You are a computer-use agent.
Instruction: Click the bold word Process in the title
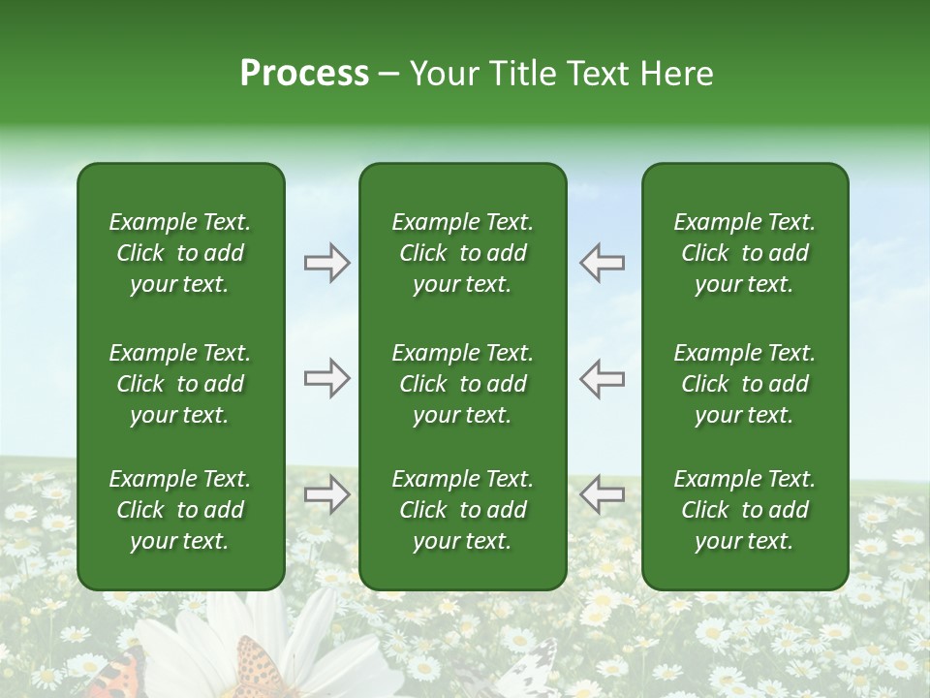(304, 74)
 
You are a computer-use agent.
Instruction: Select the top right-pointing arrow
(326, 263)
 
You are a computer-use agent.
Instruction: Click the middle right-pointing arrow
(326, 378)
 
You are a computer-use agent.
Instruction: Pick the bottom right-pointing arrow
(326, 494)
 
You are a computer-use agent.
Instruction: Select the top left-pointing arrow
(602, 263)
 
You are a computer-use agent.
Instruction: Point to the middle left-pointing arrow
(602, 378)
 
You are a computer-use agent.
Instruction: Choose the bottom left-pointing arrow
(602, 494)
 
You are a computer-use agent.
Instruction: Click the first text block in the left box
(180, 253)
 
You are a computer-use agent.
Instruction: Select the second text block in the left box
(180, 384)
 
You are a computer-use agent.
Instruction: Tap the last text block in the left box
(180, 510)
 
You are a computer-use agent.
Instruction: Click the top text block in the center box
(462, 253)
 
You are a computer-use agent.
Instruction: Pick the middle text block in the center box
(462, 384)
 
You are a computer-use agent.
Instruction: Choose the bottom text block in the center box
(462, 510)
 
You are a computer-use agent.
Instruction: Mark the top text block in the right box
(744, 253)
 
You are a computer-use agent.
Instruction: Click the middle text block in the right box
(744, 384)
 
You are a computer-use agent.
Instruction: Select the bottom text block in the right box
(744, 510)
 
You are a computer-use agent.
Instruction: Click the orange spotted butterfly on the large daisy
(258, 669)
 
